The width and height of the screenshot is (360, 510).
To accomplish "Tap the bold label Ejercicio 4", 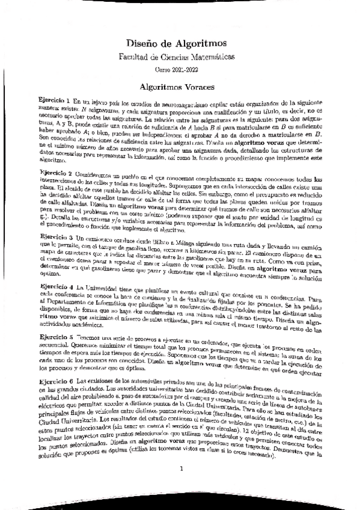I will click(55, 287).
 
